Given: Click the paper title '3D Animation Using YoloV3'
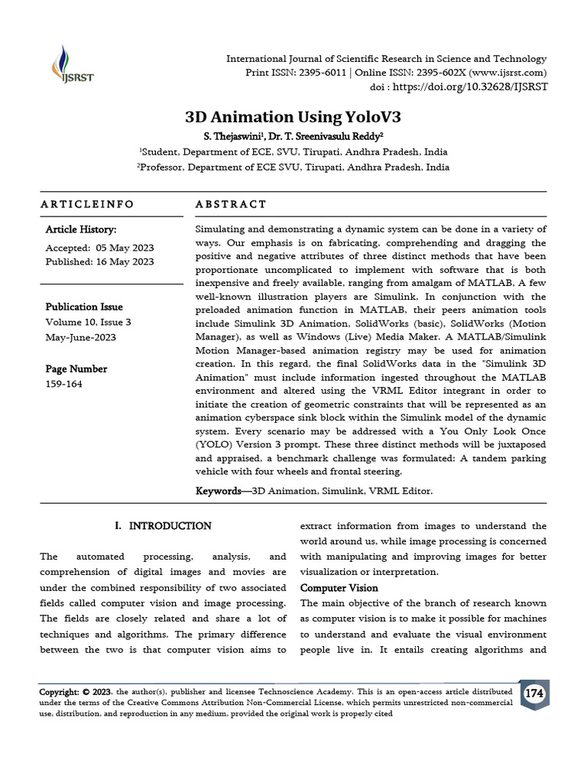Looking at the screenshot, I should [293, 117].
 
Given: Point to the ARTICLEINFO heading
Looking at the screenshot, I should [86, 204].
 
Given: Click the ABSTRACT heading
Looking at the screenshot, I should [231, 204].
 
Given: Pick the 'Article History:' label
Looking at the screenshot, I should [80, 229].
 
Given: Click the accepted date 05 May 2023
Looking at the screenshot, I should [125, 248].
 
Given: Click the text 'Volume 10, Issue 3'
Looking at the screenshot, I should [88, 322].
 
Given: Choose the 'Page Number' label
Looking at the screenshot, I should [76, 369].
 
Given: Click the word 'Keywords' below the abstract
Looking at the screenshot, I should [218, 491].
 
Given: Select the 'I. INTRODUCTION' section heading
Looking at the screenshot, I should [163, 526].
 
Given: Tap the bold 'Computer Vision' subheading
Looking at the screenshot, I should [339, 588].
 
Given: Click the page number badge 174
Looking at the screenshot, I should [533, 694].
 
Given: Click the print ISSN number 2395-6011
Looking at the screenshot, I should [318, 73].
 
